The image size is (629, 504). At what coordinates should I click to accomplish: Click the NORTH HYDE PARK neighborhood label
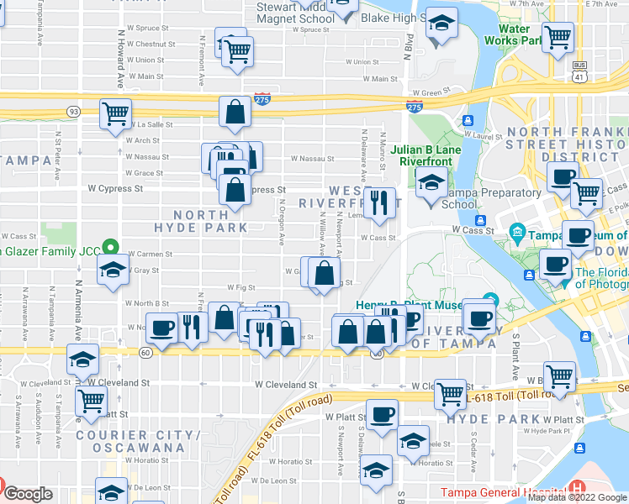click(x=200, y=220)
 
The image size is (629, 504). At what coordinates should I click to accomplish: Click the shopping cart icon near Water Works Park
click(x=558, y=36)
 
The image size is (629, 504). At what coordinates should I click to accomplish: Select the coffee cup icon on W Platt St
click(x=382, y=414)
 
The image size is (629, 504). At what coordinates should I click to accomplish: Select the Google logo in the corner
click(x=27, y=494)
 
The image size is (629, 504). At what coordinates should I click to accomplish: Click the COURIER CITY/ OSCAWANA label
click(x=130, y=441)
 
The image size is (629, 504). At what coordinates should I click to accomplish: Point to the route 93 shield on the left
click(x=75, y=111)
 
